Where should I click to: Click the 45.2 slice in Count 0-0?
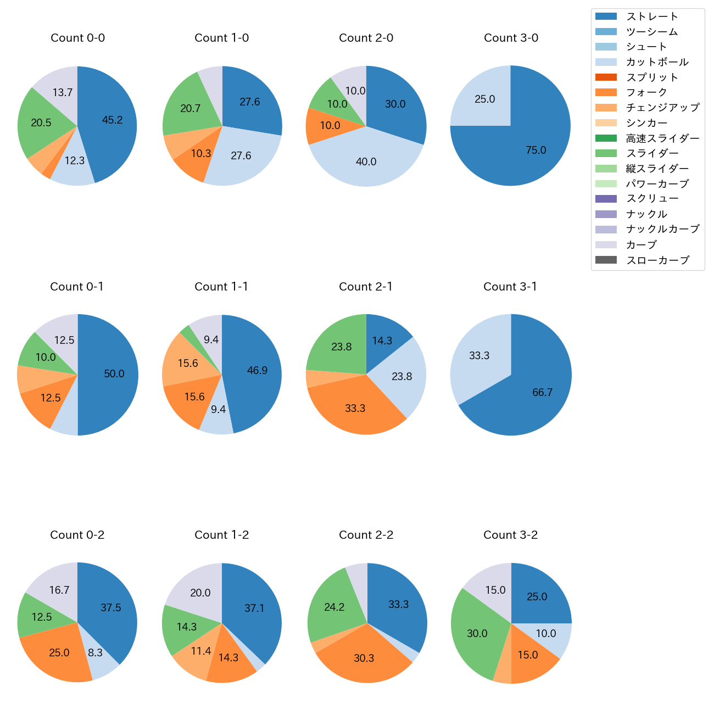pos(110,121)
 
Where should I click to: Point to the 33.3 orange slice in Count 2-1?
pos(354,406)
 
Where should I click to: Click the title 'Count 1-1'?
pos(221,287)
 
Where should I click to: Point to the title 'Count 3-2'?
pos(510,535)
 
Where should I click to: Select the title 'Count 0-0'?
pos(77,38)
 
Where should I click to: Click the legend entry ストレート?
pos(652,16)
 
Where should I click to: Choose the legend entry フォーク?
pos(646,92)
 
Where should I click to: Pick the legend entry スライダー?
pos(652,153)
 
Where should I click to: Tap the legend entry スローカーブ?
pos(657,260)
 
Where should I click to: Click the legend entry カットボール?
pos(657,62)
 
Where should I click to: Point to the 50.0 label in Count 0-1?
pos(114,374)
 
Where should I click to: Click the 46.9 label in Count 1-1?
pos(257,371)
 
